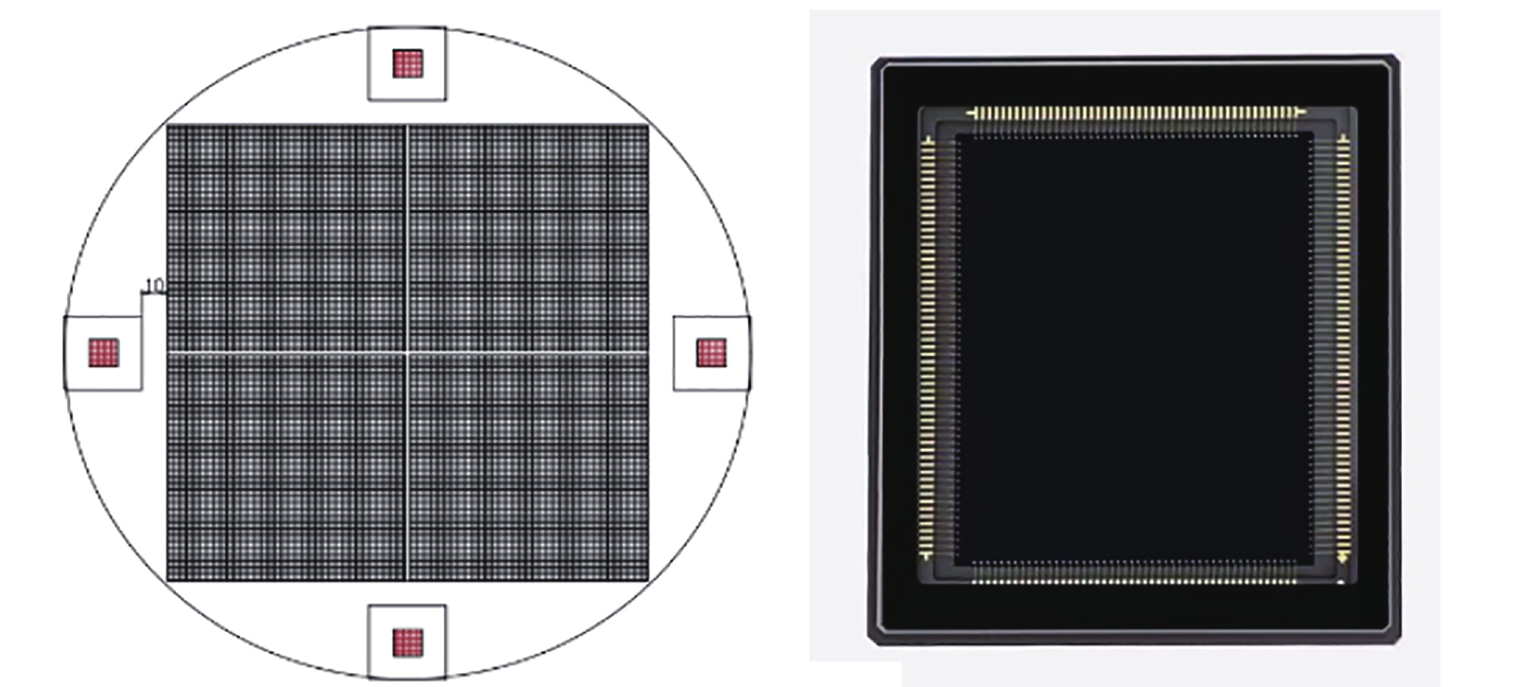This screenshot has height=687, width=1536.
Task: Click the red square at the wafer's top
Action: tap(408, 64)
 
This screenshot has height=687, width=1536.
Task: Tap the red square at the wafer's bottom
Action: tap(408, 643)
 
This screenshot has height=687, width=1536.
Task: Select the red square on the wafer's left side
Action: tap(104, 353)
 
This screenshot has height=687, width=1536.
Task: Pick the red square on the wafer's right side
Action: tap(711, 353)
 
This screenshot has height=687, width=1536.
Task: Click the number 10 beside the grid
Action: tap(154, 286)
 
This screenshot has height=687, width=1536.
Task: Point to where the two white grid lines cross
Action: tap(407, 353)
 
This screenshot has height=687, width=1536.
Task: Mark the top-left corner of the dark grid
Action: tap(167, 125)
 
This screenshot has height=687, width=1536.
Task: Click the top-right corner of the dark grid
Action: tap(648, 125)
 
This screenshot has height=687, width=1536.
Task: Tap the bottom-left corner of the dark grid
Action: tap(167, 580)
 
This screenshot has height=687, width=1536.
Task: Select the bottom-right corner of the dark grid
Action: tap(648, 580)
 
